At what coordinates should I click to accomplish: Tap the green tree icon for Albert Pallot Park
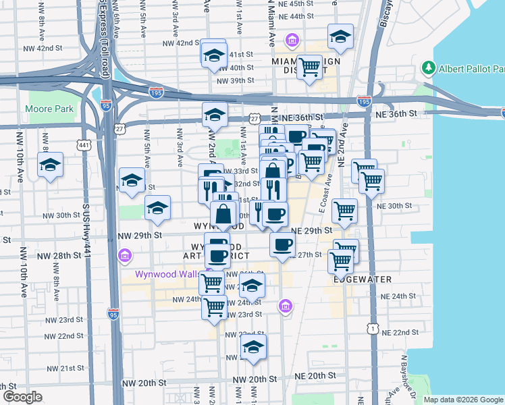[x=427, y=68]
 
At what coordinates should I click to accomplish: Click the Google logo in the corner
[x=22, y=397]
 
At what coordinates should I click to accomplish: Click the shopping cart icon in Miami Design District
[x=309, y=67]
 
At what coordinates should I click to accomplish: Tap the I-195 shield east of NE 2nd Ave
[x=364, y=101]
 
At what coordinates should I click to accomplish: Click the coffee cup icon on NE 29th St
[x=282, y=244]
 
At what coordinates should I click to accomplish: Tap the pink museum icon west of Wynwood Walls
[x=124, y=256]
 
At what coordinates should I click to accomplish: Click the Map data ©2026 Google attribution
[x=464, y=400]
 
